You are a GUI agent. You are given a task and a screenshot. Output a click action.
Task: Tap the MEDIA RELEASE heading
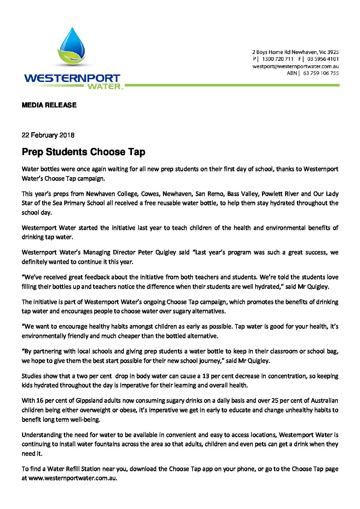coord(49,105)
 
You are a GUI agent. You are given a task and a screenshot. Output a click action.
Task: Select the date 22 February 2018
coord(48,135)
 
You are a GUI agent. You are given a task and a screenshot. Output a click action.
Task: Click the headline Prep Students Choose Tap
coord(83,152)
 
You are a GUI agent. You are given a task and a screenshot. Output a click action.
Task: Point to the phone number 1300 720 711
coord(278,59)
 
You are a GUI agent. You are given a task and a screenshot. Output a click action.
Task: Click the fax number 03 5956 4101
coord(323,59)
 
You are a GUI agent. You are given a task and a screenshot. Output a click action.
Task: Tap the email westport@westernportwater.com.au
coord(295,66)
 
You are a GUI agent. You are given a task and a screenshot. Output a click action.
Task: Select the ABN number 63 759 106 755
coord(321,73)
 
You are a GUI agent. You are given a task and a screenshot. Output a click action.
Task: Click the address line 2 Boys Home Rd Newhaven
coord(295,52)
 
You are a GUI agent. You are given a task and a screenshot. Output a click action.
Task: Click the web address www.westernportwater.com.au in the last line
coord(72,478)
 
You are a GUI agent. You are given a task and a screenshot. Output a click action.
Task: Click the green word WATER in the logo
coord(104,86)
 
